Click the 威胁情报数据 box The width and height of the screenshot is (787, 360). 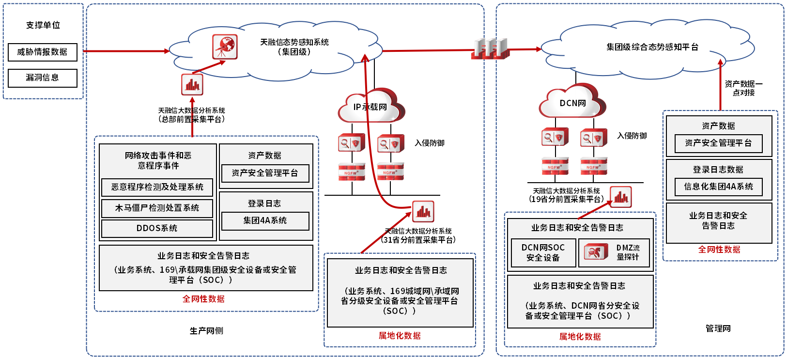click(43, 52)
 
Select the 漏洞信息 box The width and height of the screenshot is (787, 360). click(43, 78)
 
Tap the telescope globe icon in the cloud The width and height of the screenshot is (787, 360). click(225, 47)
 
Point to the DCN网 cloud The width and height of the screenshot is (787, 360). click(572, 103)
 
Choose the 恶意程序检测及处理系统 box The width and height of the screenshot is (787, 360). click(157, 187)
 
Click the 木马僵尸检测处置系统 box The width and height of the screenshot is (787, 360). click(157, 208)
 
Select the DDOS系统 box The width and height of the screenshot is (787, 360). click(157, 228)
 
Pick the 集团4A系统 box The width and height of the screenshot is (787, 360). click(265, 220)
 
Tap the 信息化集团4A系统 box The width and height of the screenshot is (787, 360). click(718, 187)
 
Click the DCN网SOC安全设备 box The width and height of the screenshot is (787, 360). click(543, 252)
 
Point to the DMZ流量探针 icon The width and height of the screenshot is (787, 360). click(596, 252)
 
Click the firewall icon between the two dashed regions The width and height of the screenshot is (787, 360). click(490, 48)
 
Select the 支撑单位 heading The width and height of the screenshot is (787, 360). click(43, 25)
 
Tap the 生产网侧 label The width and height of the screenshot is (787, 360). click(206, 331)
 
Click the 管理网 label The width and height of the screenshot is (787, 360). click(718, 329)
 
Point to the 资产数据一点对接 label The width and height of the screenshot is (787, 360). click(743, 88)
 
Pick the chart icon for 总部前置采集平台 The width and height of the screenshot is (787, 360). click(192, 85)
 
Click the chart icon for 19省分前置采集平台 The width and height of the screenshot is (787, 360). click(621, 197)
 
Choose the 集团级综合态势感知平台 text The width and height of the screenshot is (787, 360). click(652, 47)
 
